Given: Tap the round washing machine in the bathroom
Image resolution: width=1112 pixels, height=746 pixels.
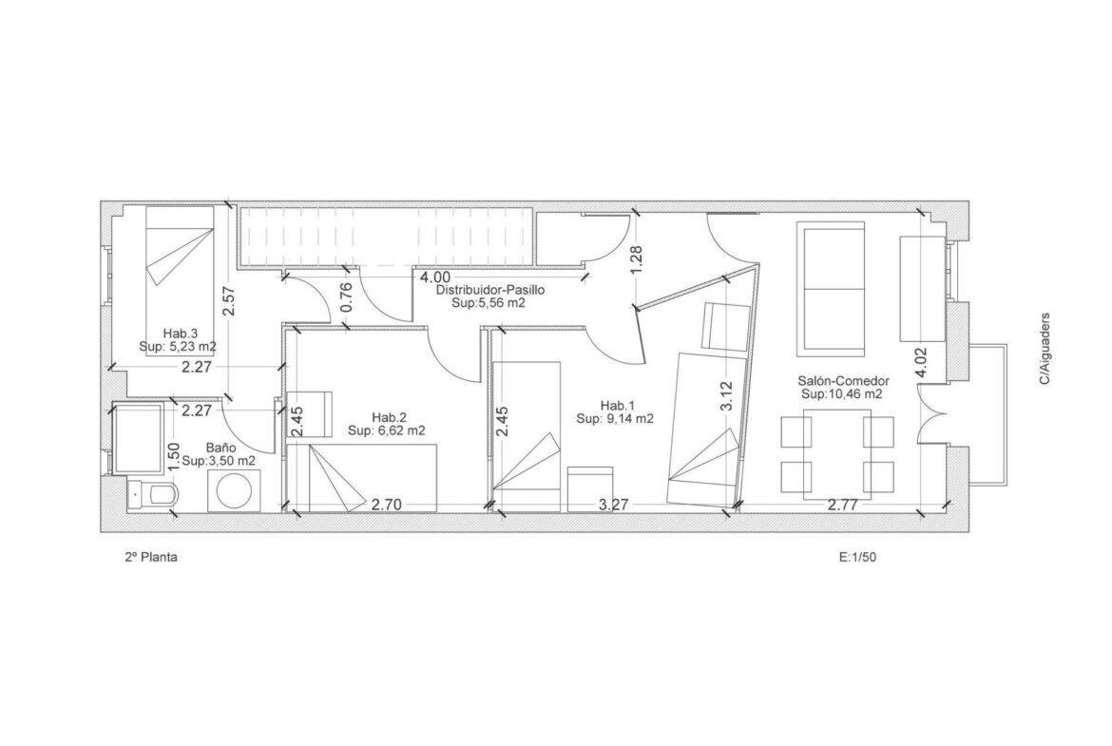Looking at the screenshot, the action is pos(236,490).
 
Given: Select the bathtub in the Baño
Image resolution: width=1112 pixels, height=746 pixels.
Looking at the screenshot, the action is pos(139,438).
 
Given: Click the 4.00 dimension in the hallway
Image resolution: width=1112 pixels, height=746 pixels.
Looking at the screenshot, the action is pos(434,277).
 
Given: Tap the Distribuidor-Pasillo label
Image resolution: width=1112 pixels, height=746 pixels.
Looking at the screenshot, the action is pos(490,290).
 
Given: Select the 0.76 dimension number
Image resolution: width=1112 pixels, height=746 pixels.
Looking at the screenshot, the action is pos(346,297).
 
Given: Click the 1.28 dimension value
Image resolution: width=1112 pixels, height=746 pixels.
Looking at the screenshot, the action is pos(636,260).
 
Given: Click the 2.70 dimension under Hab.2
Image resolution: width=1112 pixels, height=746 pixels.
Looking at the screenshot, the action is pos(387,505).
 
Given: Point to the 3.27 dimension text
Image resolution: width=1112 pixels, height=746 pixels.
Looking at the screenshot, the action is pos(613,505).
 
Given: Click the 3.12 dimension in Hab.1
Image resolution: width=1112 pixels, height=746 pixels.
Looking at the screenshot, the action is pos(725,395).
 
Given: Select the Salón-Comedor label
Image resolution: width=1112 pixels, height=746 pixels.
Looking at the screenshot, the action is pos(843,381).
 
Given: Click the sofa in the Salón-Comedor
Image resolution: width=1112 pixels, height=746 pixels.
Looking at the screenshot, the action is pos(832,289).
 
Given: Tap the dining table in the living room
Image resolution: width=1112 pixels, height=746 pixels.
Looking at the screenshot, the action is pos(836,454).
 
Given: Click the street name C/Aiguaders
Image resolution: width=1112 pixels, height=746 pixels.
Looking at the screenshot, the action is pos(1045,349).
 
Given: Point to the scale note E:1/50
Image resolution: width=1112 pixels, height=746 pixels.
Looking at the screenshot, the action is pos(857,558).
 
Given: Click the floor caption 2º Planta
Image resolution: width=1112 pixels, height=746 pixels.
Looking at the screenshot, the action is pos(151,558).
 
